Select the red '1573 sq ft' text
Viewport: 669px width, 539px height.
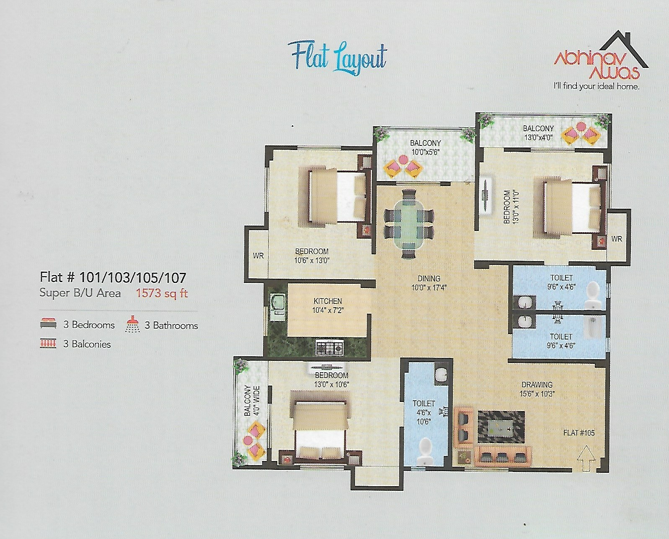coord(162,293)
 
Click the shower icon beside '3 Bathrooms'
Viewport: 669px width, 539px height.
coord(132,324)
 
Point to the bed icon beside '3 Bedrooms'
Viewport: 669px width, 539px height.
coord(48,324)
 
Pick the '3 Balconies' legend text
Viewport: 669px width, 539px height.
coord(87,344)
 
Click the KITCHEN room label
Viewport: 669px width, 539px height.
coord(328,301)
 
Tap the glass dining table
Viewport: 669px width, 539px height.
coord(409,224)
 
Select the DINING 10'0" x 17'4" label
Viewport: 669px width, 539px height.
coord(429,283)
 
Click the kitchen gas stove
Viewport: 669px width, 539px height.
coord(329,347)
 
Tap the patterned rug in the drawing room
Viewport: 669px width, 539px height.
coord(501,427)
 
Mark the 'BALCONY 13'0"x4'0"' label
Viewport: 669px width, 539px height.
coord(538,132)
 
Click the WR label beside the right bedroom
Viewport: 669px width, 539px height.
coord(616,239)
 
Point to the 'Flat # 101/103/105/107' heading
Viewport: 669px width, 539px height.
coord(113,277)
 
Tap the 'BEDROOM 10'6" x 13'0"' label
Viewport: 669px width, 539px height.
coord(312,256)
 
